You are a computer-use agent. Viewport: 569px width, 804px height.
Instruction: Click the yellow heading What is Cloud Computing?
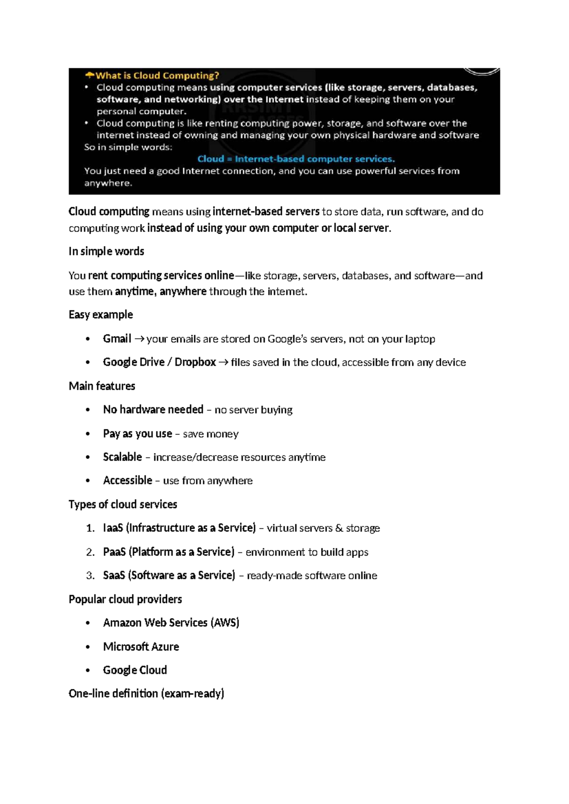click(x=157, y=75)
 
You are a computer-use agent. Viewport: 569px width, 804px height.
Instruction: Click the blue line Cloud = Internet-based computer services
click(x=296, y=159)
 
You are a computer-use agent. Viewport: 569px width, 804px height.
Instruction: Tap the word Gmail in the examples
click(x=117, y=339)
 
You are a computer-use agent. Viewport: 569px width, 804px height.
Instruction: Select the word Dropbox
click(x=195, y=362)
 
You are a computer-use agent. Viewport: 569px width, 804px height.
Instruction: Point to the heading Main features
click(x=102, y=386)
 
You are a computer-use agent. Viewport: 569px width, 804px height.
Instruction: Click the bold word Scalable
click(x=122, y=457)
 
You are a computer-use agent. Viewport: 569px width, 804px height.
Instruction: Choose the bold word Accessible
click(x=128, y=480)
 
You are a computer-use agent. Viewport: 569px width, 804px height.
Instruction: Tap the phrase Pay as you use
click(x=138, y=434)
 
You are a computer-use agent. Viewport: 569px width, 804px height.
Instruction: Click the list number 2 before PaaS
click(x=90, y=552)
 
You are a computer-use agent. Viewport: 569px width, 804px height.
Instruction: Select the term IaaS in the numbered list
click(x=113, y=528)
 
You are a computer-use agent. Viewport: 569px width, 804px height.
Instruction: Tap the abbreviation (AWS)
click(x=225, y=622)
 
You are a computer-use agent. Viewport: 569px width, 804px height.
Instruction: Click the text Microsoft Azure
click(x=141, y=647)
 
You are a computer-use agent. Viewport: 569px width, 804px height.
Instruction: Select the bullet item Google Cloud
click(x=135, y=670)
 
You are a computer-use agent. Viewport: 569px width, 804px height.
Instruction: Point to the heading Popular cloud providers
click(x=125, y=599)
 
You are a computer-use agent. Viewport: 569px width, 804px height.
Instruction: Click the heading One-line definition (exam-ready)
click(x=146, y=694)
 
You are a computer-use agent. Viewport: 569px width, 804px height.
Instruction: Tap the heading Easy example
click(x=101, y=315)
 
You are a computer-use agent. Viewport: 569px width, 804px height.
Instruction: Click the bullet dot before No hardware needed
click(x=88, y=410)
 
